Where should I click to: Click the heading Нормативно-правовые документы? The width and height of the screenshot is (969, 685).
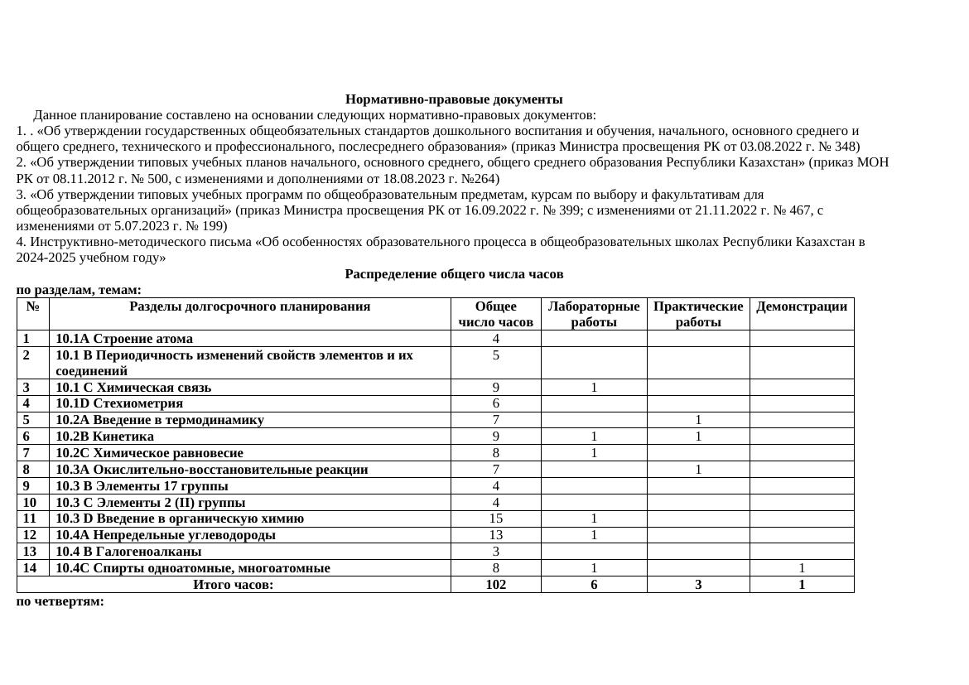(454, 99)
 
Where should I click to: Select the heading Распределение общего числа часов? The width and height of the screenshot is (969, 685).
(454, 273)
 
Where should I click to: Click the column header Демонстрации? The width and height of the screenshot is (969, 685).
(801, 306)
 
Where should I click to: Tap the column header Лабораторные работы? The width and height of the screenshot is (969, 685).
(594, 314)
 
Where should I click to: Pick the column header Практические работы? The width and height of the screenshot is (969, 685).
(698, 314)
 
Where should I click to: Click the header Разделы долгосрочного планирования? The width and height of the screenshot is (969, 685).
(249, 306)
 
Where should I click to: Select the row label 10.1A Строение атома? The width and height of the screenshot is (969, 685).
(124, 339)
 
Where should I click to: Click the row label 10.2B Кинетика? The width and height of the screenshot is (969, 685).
(104, 437)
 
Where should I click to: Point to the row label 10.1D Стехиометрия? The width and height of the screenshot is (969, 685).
(119, 403)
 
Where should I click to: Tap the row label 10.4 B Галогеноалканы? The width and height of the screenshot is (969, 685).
(128, 552)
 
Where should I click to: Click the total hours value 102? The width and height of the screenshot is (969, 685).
(495, 585)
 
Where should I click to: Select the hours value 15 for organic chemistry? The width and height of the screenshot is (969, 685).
(495, 519)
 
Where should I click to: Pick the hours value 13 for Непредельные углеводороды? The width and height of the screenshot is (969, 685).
(495, 535)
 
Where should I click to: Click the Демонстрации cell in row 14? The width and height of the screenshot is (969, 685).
(801, 568)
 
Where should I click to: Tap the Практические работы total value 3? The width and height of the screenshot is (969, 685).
(698, 585)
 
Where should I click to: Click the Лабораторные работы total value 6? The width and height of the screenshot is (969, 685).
(594, 585)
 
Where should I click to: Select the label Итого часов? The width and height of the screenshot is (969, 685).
(233, 585)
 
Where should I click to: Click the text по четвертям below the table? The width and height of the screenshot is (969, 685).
(60, 601)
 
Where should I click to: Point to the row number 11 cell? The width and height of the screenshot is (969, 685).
(32, 519)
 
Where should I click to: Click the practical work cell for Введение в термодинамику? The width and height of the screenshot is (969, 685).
(698, 420)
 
